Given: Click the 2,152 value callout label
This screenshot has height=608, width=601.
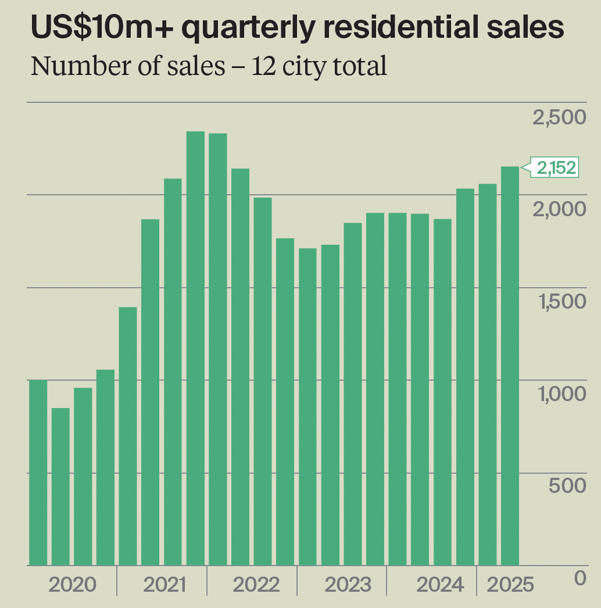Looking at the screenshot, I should pos(556,168).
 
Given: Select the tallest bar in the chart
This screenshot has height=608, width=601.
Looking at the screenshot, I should pos(195,349).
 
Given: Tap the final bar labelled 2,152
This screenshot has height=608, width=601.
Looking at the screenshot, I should pos(510,366).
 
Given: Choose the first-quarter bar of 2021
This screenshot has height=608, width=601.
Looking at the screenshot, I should pos(128,436).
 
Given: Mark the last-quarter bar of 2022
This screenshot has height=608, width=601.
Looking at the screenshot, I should pos(285,402).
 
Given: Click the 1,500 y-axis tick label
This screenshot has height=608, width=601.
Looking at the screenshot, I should pos(559,302).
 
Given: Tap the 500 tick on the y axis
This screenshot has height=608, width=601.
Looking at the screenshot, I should pos(567,485).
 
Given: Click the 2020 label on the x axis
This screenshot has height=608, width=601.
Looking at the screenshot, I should pos(71,584).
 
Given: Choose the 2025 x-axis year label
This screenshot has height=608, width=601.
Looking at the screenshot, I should pos(510,584).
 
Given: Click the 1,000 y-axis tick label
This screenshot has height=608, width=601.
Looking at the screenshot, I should pos(559,394).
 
